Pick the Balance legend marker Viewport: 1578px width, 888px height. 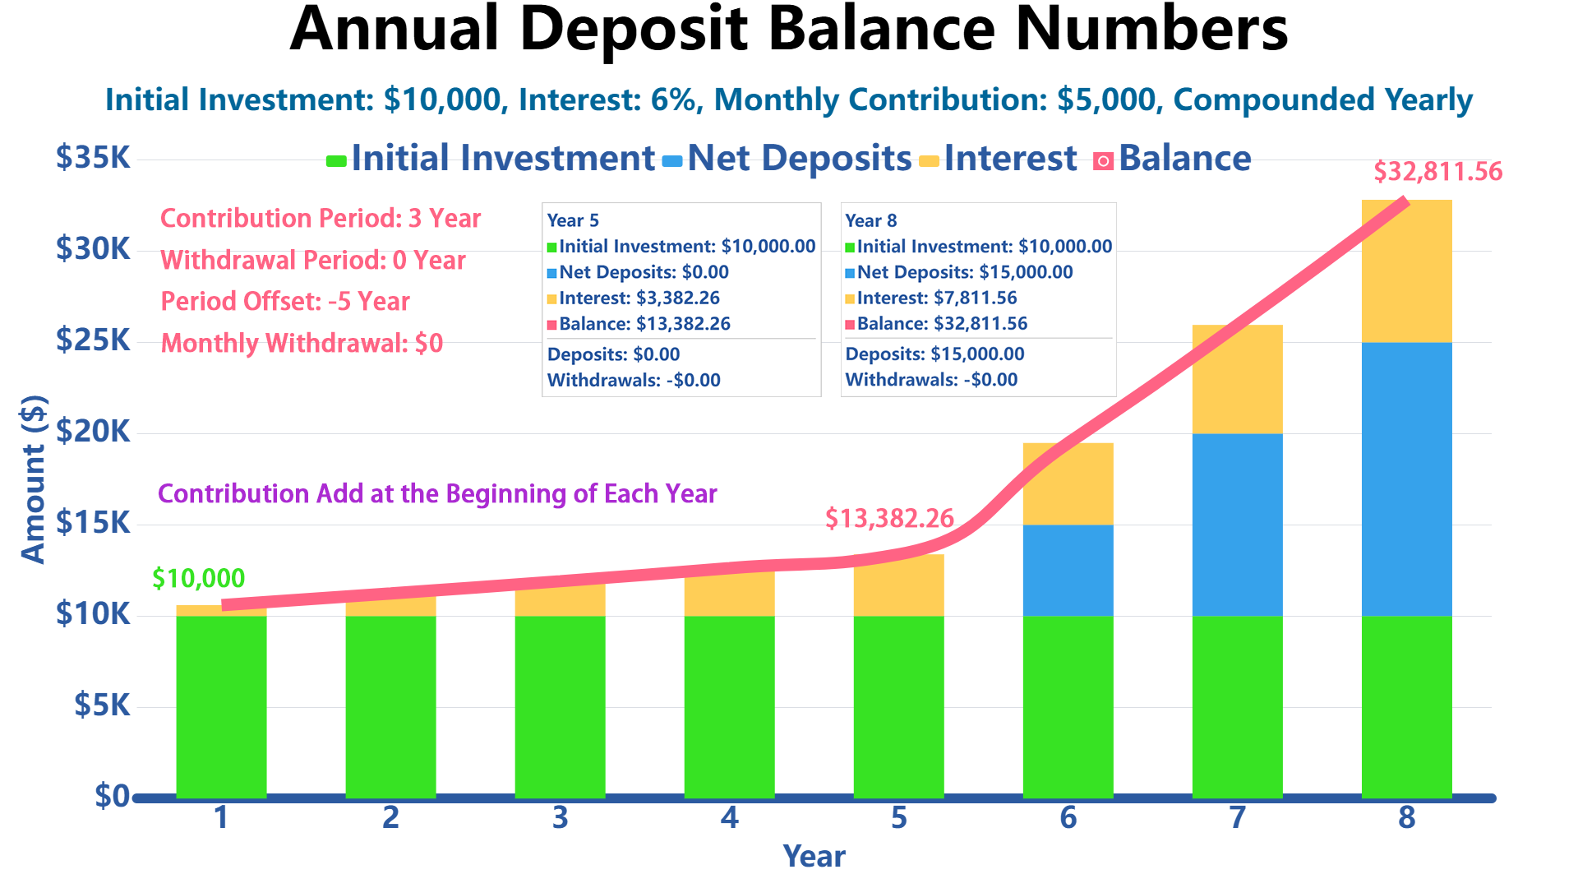(1103, 161)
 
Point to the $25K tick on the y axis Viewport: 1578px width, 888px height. (93, 340)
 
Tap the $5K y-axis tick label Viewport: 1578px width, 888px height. (102, 705)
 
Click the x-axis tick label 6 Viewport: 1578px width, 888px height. (1068, 817)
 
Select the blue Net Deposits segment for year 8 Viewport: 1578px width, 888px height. (1406, 479)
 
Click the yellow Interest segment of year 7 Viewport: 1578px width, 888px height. (1237, 379)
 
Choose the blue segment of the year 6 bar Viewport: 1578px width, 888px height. (1068, 570)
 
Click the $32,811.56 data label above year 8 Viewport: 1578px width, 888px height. (1437, 172)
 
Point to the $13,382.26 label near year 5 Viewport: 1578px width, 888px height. (889, 518)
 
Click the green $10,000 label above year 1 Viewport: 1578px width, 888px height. (199, 579)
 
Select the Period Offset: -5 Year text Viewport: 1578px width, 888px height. (285, 302)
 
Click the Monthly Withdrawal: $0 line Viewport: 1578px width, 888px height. (302, 343)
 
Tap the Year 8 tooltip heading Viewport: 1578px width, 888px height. (870, 220)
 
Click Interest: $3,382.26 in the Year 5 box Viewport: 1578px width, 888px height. (639, 298)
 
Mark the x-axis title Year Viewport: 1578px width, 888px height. (814, 857)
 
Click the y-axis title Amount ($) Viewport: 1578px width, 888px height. (33, 479)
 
